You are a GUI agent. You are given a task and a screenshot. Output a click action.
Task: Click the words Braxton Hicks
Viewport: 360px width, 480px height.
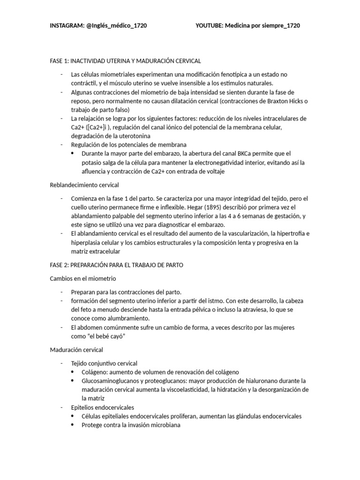291,101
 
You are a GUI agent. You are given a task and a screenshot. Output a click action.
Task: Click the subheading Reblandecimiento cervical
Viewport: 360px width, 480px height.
84,185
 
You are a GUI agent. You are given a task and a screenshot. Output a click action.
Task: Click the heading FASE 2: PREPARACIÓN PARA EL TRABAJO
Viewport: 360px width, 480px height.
116,265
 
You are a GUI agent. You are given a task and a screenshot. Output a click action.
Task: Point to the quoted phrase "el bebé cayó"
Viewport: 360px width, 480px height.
108,336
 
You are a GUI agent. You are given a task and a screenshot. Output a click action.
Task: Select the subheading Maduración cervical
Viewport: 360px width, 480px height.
76,350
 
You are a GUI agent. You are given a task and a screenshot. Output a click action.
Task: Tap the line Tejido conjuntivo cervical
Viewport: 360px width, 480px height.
104,363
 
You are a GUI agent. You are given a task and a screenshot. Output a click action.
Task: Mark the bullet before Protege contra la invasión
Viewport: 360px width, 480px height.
72,425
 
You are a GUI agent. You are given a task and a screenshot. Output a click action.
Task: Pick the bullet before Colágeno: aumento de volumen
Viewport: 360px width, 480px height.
72,372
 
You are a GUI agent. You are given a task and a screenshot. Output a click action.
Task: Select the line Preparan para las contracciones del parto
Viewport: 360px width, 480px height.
126,292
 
